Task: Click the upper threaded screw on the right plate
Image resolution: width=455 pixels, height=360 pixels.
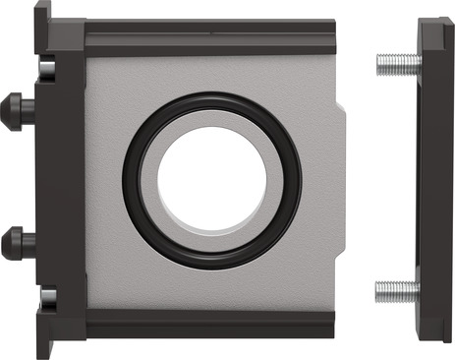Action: point(398,64)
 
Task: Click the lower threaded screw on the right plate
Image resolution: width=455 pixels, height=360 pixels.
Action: point(398,290)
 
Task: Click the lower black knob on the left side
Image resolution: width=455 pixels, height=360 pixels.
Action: point(16,242)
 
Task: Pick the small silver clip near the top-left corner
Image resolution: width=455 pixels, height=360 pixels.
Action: point(46,68)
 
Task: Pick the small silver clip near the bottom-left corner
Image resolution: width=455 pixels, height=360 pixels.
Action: point(46,293)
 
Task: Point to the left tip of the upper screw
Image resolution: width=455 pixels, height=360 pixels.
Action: point(380,64)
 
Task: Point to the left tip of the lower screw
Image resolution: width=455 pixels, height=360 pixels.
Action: point(380,290)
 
